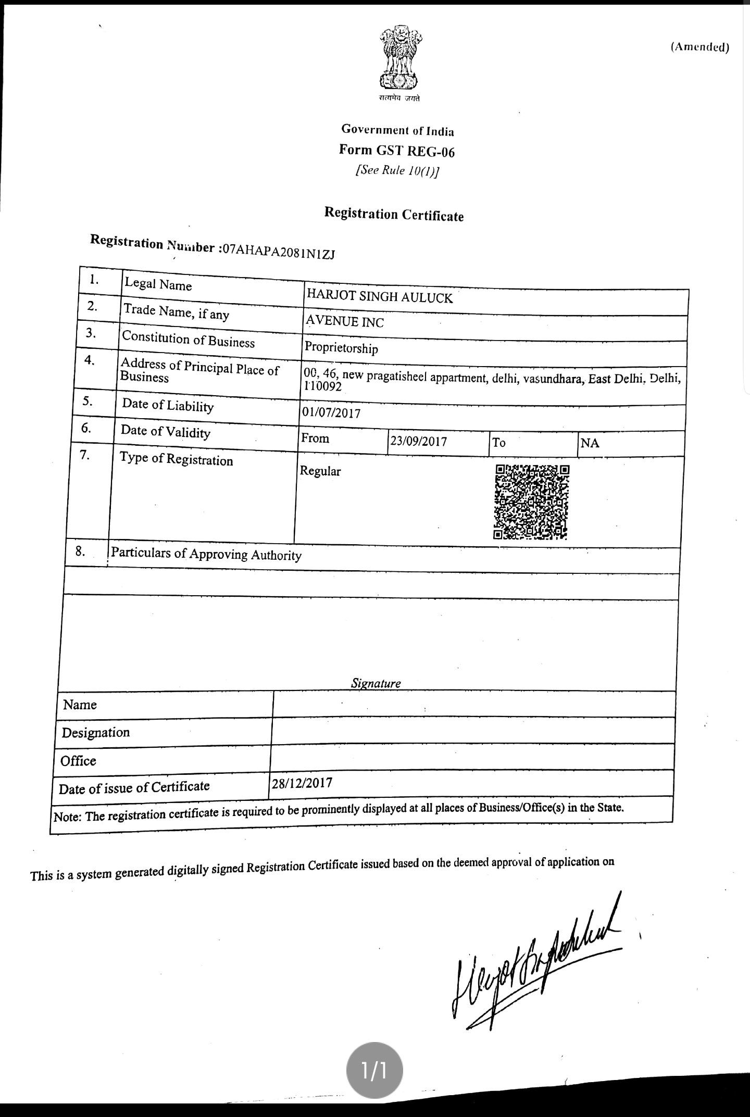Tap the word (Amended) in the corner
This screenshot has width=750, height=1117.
point(699,47)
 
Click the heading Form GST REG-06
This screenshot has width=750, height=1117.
point(396,150)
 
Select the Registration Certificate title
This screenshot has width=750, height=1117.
point(394,214)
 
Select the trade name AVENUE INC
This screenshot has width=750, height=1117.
point(344,321)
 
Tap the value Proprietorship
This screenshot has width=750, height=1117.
point(341,347)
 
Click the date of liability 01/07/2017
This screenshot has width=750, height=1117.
point(331,413)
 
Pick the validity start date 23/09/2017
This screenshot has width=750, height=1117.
point(419,442)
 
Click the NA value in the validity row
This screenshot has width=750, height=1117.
point(590,443)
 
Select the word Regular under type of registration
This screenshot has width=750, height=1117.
point(320,471)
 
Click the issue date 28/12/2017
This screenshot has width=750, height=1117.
point(302,783)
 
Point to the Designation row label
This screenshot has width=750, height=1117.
point(96,733)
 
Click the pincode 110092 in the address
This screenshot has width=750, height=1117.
point(323,386)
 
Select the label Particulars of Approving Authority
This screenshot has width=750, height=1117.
point(206,554)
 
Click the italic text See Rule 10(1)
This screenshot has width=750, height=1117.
point(396,171)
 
